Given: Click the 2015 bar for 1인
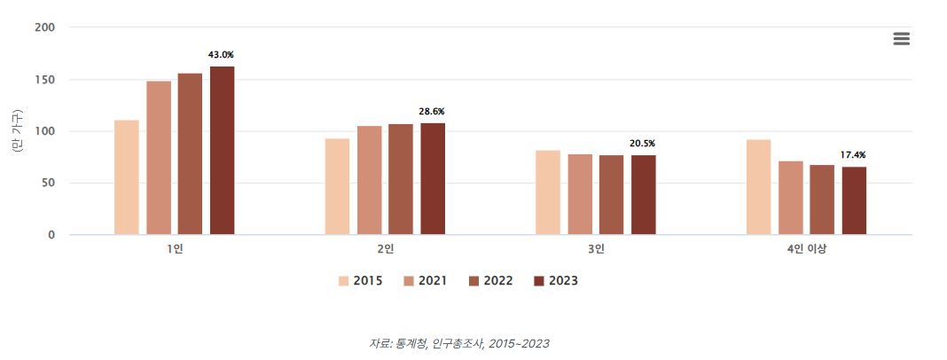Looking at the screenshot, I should (x=127, y=177).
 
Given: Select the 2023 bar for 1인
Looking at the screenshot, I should (x=222, y=151).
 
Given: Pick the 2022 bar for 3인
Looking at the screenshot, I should (x=611, y=195).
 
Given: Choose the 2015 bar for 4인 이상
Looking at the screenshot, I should (x=758, y=187).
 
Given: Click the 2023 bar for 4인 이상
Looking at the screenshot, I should (x=854, y=200).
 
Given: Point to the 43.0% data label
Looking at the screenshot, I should (x=221, y=55).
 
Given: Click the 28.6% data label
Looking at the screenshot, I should (x=432, y=112).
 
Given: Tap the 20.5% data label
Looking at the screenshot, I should (x=642, y=144).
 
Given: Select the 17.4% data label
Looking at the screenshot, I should (x=853, y=155).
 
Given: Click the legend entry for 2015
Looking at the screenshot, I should (x=360, y=281).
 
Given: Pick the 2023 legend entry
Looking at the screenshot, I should (x=555, y=281).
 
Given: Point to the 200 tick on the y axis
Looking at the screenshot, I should (x=45, y=27).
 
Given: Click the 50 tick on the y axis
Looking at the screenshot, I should (x=49, y=184).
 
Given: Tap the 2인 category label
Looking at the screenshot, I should (x=386, y=249).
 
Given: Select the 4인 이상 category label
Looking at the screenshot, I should (x=806, y=249).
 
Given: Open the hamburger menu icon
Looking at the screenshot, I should (x=902, y=39).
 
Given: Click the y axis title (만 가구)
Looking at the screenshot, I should (x=17, y=131).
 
